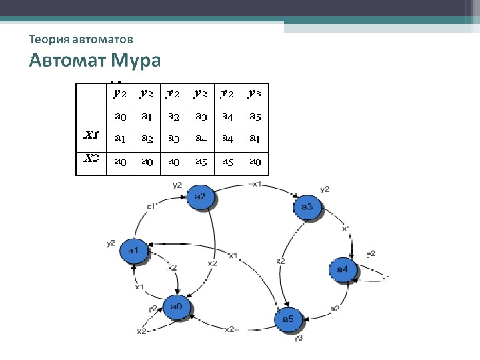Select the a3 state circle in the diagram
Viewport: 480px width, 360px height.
[x=307, y=207]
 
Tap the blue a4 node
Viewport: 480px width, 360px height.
[x=343, y=269]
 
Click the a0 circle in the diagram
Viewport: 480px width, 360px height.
[x=176, y=307]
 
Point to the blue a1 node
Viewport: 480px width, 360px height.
[x=133, y=250]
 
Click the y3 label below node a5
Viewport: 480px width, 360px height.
[x=298, y=338]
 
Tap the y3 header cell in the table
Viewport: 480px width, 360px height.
[x=255, y=94]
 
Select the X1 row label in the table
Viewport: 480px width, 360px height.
[x=91, y=135]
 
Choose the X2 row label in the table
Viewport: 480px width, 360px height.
[x=91, y=159]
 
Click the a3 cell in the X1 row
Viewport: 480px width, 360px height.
[x=173, y=139]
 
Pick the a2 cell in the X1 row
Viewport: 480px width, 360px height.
[x=147, y=139]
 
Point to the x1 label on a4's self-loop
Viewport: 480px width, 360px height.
[x=385, y=277]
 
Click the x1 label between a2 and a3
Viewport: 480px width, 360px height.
[x=257, y=184]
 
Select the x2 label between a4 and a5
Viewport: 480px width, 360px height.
[x=335, y=309]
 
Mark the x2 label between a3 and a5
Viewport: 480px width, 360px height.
[x=281, y=261]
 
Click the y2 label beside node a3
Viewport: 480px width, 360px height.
[x=325, y=189]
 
